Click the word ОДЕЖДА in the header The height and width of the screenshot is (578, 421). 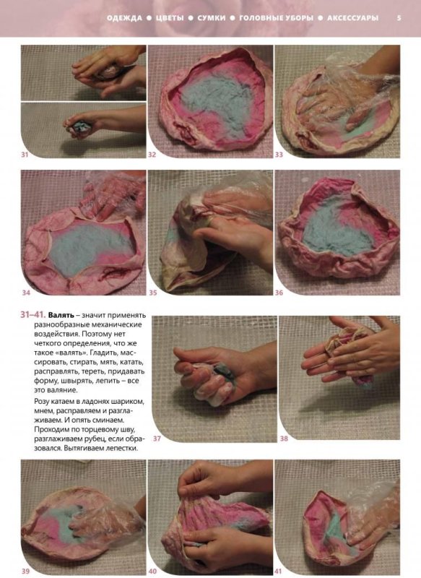pyautogui.click(x=124, y=17)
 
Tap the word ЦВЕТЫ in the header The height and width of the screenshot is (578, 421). pyautogui.click(x=170, y=17)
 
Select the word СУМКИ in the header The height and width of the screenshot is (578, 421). pyautogui.click(x=211, y=17)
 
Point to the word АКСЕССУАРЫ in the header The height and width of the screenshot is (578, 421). pyautogui.click(x=352, y=17)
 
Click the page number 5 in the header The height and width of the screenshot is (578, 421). pyautogui.click(x=399, y=17)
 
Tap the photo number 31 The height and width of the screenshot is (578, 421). pyautogui.click(x=25, y=155)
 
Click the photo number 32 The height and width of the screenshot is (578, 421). pyautogui.click(x=152, y=155)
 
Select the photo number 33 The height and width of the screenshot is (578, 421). pyautogui.click(x=279, y=155)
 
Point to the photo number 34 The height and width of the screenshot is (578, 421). pyautogui.click(x=26, y=293)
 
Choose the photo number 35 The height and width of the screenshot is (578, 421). pyautogui.click(x=153, y=293)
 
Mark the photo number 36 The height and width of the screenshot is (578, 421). pyautogui.click(x=279, y=293)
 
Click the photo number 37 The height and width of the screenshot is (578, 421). pyautogui.click(x=157, y=439)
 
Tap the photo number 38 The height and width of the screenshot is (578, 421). pyautogui.click(x=284, y=439)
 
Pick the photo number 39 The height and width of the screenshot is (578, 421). pyautogui.click(x=25, y=571)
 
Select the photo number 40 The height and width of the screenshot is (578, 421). pyautogui.click(x=152, y=571)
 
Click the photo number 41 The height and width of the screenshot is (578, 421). pyautogui.click(x=279, y=571)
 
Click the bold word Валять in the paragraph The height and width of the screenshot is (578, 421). pyautogui.click(x=61, y=316)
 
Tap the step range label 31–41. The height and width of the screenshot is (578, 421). pyautogui.click(x=33, y=315)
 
